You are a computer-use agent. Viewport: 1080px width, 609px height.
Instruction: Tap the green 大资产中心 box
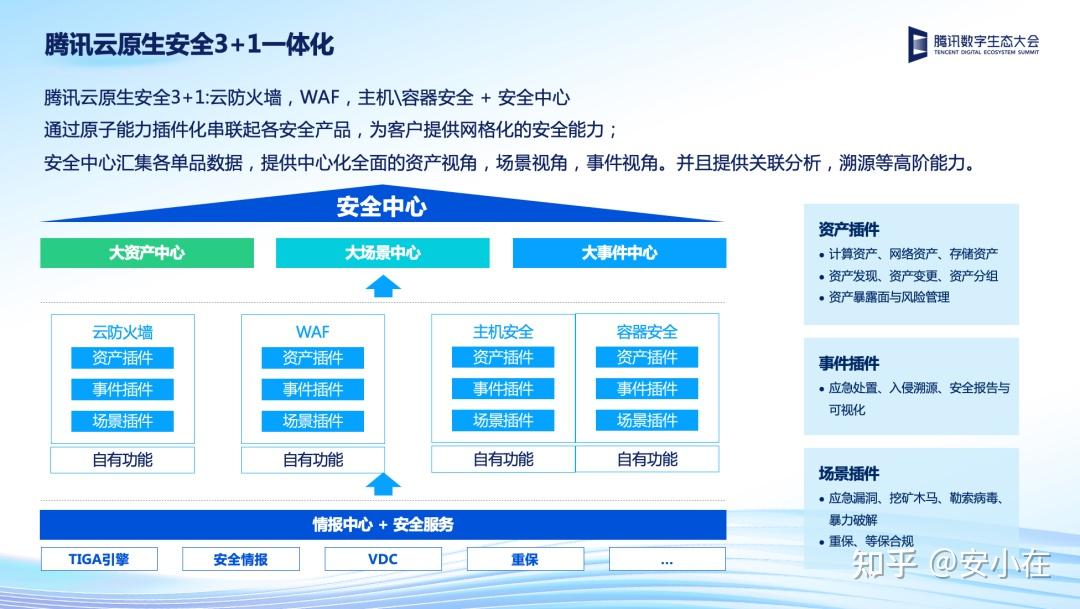tap(147, 253)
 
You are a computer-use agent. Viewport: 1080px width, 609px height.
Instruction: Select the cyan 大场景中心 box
tap(383, 253)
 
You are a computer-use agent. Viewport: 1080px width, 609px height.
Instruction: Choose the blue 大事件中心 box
tap(619, 253)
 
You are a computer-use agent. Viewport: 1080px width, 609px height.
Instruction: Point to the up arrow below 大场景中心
tap(383, 286)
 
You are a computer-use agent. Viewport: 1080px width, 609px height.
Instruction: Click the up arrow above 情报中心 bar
tap(383, 484)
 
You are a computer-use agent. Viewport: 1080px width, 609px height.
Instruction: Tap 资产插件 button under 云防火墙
tap(123, 358)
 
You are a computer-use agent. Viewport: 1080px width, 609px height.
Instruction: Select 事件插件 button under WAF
tap(313, 389)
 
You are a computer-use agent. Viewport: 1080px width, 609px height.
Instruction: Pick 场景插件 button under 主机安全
tap(503, 420)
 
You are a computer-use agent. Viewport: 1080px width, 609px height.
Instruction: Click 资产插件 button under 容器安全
tap(647, 358)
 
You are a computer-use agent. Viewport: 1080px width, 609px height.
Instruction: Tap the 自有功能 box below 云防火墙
tap(123, 460)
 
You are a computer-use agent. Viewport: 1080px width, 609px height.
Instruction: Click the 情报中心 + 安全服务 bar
tap(383, 524)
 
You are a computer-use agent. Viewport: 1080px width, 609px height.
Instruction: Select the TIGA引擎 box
tap(99, 559)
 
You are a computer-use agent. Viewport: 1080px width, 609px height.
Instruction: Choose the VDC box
tap(383, 559)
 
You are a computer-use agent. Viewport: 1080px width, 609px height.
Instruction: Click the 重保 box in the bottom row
tap(525, 559)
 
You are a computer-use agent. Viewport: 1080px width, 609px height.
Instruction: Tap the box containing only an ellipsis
tap(667, 559)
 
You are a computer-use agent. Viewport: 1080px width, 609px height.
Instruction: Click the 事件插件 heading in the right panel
tap(849, 363)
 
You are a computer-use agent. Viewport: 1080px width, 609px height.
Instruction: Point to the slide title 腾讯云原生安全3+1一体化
tap(189, 45)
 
